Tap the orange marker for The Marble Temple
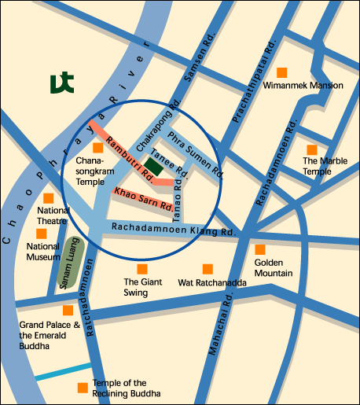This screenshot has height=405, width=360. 312,149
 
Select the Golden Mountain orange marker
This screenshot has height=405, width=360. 260,249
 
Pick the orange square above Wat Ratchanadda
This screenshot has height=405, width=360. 208,268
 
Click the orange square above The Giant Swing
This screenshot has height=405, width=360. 142,268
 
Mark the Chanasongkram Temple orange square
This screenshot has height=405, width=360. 97,148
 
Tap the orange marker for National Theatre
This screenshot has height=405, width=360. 49,198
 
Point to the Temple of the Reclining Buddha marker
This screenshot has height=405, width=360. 83,388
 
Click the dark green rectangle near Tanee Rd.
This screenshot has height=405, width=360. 155,166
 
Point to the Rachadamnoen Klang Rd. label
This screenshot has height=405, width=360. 173,230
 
